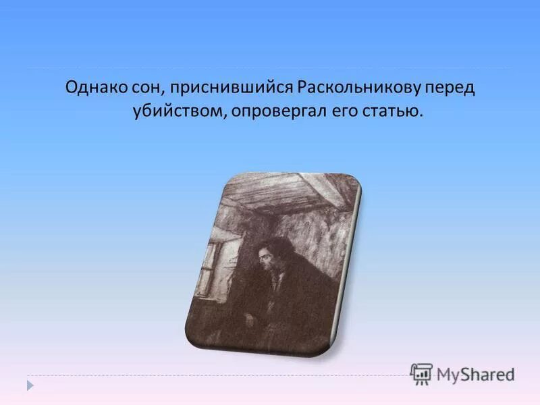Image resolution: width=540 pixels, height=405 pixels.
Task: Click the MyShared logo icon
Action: pyautogui.click(x=421, y=373)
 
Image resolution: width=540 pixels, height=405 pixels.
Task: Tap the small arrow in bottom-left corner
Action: pyautogui.click(x=30, y=385)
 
